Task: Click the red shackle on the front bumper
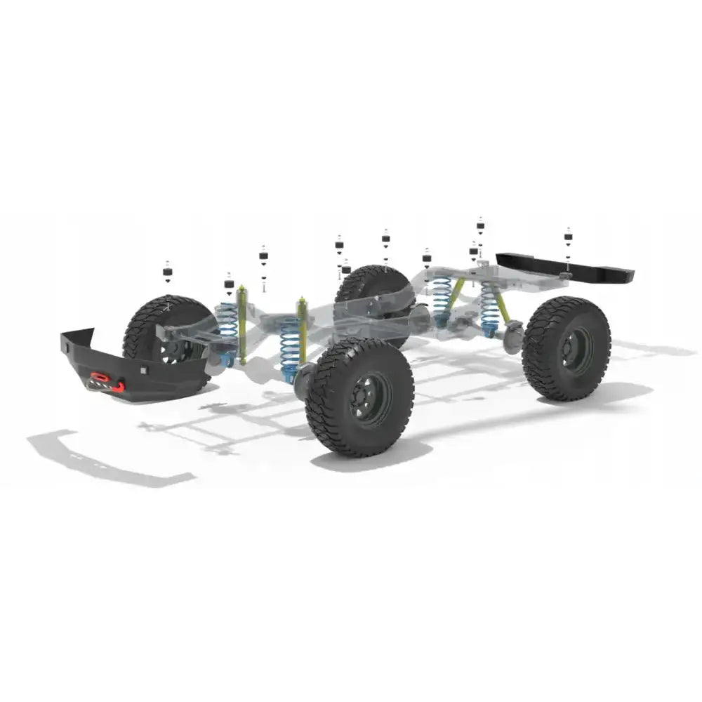(117, 385)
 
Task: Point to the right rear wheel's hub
(574, 349)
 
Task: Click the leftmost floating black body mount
(167, 272)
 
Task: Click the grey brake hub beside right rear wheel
(514, 336)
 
